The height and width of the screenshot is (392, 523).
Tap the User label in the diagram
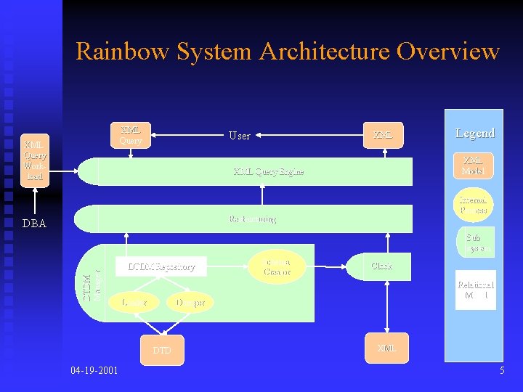(239, 136)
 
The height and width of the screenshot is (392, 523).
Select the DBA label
(34, 224)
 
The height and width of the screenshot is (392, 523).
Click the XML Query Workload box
(34, 160)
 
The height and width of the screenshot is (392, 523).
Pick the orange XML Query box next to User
(131, 134)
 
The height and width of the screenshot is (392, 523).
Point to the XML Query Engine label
(268, 172)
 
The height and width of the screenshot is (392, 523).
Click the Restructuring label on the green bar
(252, 219)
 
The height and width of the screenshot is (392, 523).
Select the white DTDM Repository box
(161, 266)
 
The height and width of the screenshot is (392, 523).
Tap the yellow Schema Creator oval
(277, 266)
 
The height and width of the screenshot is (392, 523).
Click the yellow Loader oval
(134, 301)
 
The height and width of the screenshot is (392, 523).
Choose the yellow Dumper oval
(190, 301)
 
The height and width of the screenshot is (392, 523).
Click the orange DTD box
(161, 350)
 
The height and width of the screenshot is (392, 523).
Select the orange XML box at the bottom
(386, 348)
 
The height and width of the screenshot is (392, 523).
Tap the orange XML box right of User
(383, 135)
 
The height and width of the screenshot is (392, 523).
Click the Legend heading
(474, 133)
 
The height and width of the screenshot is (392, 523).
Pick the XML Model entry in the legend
(473, 166)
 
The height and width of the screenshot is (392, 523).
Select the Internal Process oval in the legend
(473, 205)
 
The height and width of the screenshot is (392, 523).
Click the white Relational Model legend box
(475, 290)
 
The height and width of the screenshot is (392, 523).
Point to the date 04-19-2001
(95, 371)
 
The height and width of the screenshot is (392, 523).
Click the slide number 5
(501, 371)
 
